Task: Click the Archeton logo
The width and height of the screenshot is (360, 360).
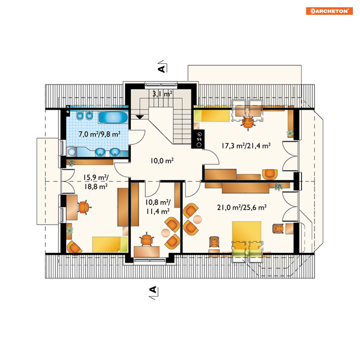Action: click(329, 11)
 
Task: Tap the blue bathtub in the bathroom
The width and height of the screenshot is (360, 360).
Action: click(113, 117)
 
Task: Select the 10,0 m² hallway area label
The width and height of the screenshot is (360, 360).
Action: click(162, 161)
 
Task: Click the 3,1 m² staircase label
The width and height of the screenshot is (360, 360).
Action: click(162, 94)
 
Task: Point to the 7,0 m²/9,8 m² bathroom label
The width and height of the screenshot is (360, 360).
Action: click(99, 134)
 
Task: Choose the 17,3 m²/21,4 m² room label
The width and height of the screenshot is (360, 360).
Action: click(246, 145)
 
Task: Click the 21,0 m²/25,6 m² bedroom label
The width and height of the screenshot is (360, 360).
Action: click(242, 208)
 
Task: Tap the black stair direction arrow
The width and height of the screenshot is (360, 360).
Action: click(140, 117)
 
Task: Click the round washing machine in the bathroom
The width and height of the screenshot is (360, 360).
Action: click(72, 152)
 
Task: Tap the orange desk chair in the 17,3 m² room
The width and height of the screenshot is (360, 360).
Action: click(248, 123)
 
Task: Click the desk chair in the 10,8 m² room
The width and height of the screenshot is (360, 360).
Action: click(147, 240)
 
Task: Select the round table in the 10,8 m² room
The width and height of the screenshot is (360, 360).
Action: click(166, 233)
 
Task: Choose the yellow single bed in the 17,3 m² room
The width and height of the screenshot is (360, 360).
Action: click(212, 115)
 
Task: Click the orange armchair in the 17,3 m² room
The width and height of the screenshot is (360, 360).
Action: click(270, 174)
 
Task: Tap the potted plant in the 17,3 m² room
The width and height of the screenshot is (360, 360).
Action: click(290, 134)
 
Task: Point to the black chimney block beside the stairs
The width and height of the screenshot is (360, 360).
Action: click(198, 139)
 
